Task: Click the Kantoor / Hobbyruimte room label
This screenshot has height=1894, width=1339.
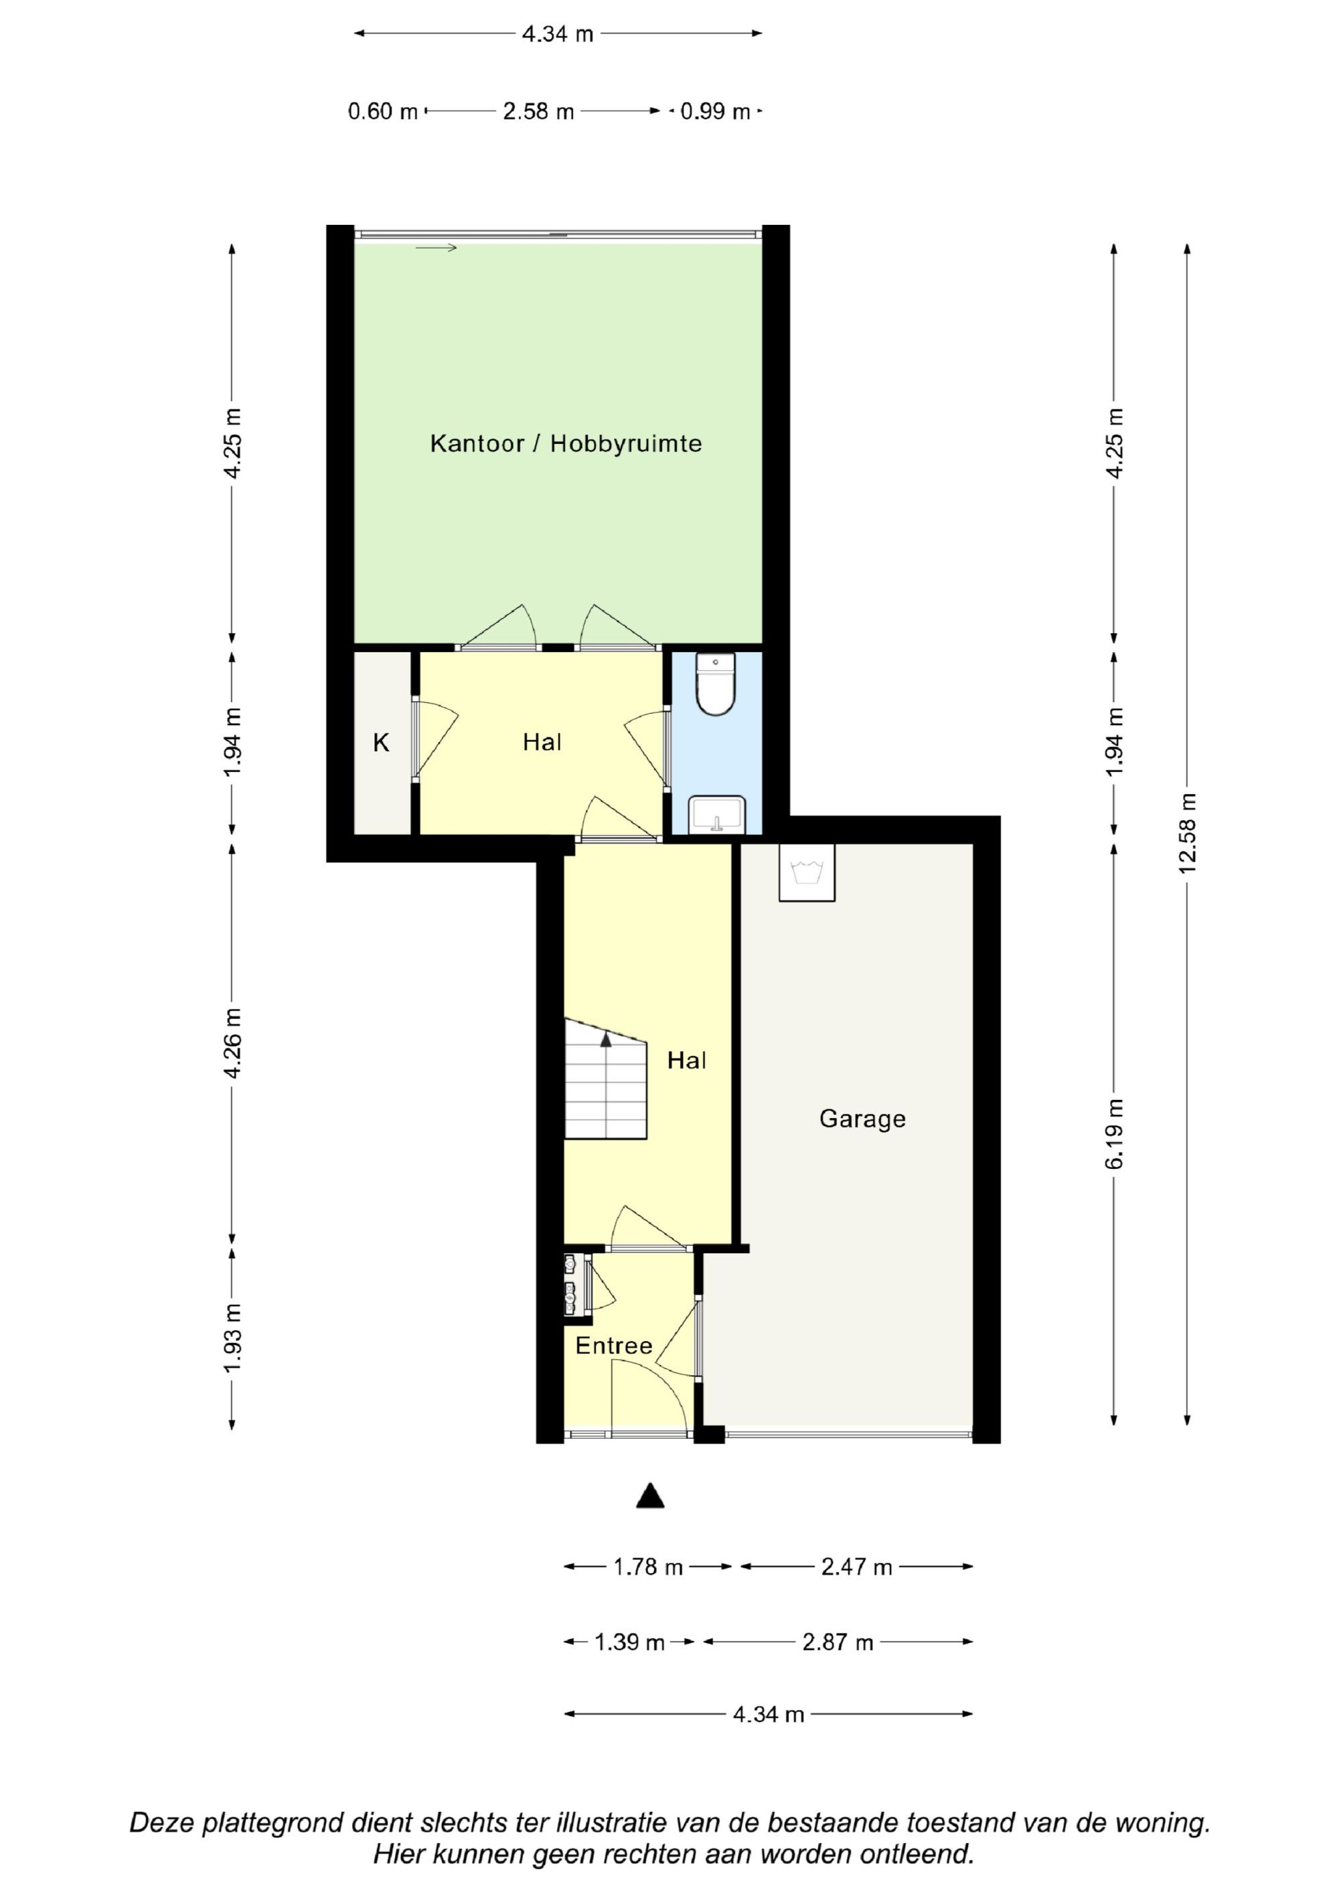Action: [x=566, y=444]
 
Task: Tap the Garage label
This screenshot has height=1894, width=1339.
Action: [x=862, y=1119]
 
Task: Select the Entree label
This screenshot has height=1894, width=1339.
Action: [x=614, y=1346]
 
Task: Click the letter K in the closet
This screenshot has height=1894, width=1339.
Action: [x=381, y=743]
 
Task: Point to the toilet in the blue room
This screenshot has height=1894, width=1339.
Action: [x=715, y=684]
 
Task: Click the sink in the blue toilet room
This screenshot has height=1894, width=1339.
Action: [x=717, y=814]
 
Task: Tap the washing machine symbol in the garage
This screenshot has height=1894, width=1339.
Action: [x=807, y=872]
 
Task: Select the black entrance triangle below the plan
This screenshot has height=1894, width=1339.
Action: [x=650, y=1496]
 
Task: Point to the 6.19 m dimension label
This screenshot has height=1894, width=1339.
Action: [x=1115, y=1133]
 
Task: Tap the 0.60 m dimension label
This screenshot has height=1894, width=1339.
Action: [x=383, y=111]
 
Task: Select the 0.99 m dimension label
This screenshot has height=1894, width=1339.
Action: [x=715, y=111]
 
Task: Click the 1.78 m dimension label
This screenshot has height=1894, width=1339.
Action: [x=649, y=1567]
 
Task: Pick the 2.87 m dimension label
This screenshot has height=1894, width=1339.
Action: [x=838, y=1642]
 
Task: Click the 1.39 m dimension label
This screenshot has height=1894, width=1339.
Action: [x=629, y=1642]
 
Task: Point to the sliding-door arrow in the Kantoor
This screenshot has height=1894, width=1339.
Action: [x=436, y=248]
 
